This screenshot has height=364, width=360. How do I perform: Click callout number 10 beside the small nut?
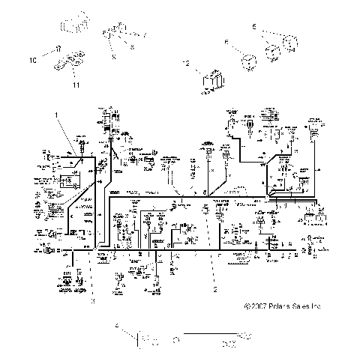[32, 58]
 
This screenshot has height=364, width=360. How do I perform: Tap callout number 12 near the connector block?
[185, 65]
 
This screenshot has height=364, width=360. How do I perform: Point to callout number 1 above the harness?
[55, 113]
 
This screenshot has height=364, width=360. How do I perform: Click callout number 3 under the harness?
[93, 300]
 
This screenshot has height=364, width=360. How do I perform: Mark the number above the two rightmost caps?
[255, 26]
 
